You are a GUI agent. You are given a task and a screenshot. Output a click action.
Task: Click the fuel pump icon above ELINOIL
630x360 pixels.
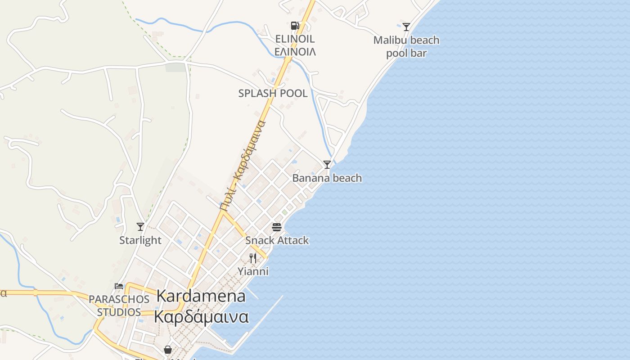coord(295,26)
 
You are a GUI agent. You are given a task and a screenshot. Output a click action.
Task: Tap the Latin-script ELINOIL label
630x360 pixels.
coord(295,39)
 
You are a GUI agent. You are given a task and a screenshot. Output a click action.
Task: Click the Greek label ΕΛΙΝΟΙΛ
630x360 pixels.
coord(295,52)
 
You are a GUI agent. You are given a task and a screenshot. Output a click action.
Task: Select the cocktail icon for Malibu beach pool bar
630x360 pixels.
coord(406,27)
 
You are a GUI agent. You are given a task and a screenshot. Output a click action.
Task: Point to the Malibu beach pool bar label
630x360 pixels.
coord(406,47)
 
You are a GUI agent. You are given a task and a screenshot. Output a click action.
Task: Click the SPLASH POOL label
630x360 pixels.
coord(273,94)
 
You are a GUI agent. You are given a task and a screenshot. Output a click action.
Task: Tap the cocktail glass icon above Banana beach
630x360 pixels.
coord(327,165)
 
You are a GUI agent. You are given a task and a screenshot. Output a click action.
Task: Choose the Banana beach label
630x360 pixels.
coord(327,178)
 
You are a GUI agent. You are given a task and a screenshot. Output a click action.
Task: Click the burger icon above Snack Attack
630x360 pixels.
coord(276,227)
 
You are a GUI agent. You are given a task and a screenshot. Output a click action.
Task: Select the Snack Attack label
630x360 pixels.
coord(277,240)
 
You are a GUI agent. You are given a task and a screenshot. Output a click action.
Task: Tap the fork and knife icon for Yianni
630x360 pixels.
coord(253,258)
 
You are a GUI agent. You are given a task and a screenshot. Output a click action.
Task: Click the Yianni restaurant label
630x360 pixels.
coord(253,271)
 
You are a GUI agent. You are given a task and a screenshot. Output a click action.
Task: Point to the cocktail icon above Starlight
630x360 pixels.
coord(140,227)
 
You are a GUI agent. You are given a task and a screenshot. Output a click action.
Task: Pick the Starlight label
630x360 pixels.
coord(140,240)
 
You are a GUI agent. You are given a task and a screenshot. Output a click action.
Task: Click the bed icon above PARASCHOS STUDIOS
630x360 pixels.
coord(119,286)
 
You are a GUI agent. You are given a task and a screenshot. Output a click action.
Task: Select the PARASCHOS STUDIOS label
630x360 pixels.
coord(119,306)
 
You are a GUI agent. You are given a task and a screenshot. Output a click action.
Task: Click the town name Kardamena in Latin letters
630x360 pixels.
coord(201,296)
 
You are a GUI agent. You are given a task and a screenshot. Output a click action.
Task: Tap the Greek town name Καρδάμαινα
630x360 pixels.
coord(201,317)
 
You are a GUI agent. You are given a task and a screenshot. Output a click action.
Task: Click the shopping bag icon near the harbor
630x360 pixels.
coord(168,350)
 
